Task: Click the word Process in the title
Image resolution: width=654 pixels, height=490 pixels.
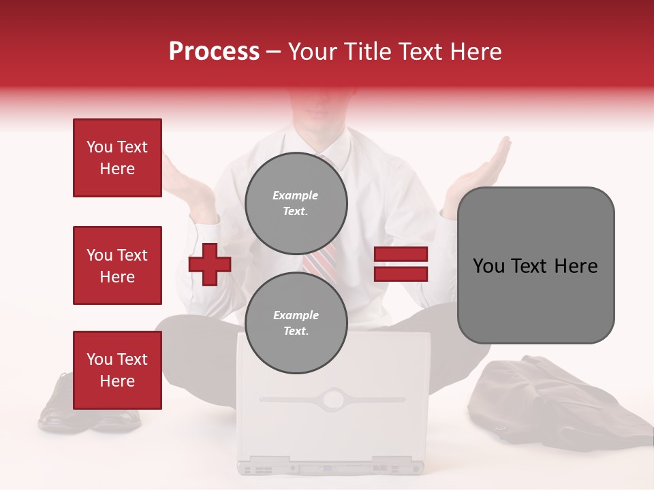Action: point(214,52)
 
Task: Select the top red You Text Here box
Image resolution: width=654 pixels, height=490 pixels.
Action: point(117,158)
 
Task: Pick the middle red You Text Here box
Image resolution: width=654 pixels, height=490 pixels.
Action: point(117,265)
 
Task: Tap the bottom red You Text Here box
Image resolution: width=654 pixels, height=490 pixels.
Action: point(117,370)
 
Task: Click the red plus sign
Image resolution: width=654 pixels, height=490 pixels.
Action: point(210,264)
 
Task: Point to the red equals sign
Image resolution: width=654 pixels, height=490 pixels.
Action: point(401,264)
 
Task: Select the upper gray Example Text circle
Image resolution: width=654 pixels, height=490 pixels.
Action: point(296,203)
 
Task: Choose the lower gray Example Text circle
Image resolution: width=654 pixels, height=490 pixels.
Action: point(296,323)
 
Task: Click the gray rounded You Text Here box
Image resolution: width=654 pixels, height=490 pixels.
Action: point(535,265)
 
